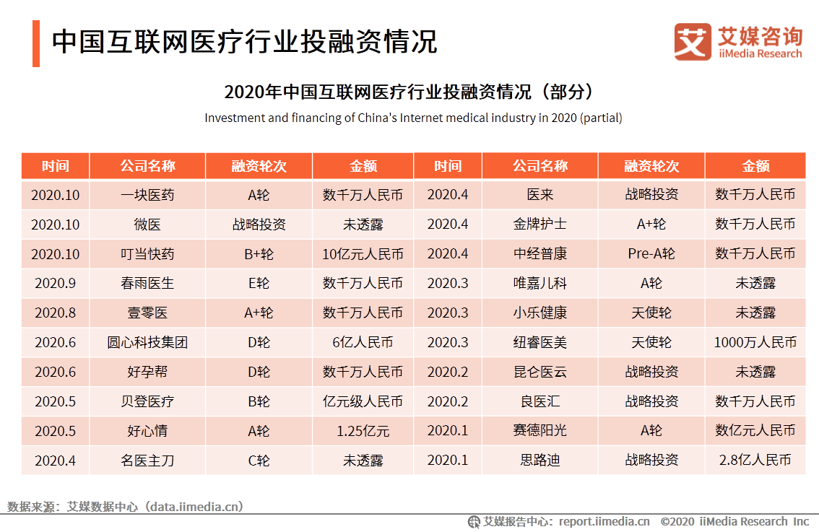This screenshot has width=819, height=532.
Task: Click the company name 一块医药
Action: pos(147,195)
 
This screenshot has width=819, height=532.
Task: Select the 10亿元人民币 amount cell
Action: pos(363,254)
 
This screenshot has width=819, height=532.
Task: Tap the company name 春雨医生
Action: pos(147,284)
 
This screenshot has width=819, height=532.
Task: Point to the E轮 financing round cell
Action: pos(259,284)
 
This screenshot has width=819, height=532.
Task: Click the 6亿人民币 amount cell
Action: pos(363,343)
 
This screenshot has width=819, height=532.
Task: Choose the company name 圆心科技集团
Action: pos(147,343)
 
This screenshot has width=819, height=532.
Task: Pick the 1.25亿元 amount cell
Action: pos(363,432)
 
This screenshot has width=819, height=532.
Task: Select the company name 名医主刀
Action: pos(147,461)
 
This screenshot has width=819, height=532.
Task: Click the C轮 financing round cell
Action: pos(259,461)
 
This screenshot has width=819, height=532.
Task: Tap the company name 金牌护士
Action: pos(540,224)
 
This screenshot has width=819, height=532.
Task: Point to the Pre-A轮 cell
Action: pos(651,254)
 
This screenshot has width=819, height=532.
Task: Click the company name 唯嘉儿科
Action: pos(540,284)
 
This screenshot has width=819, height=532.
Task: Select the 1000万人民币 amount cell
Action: pos(755,343)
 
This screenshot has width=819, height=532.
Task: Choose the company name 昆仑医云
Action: pos(540,372)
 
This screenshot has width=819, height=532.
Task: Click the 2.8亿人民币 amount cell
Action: pos(755,461)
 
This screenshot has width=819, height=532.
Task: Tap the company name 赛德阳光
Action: pos(540,431)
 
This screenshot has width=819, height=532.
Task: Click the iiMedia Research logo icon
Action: pos(692,42)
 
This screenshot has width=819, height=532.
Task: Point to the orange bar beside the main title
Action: pos(36,43)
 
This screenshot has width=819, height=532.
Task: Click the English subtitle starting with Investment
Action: pos(413,118)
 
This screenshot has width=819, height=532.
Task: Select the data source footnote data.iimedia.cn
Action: pos(126,507)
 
